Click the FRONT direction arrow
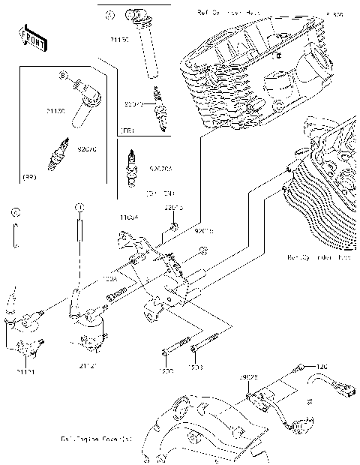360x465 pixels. click(x=29, y=39)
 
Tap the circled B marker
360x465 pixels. click(x=64, y=75)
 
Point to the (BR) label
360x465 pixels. click(x=29, y=177)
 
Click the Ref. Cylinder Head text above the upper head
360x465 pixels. click(x=225, y=13)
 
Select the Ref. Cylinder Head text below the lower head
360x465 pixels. click(x=318, y=257)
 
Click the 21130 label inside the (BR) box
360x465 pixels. click(x=56, y=112)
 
